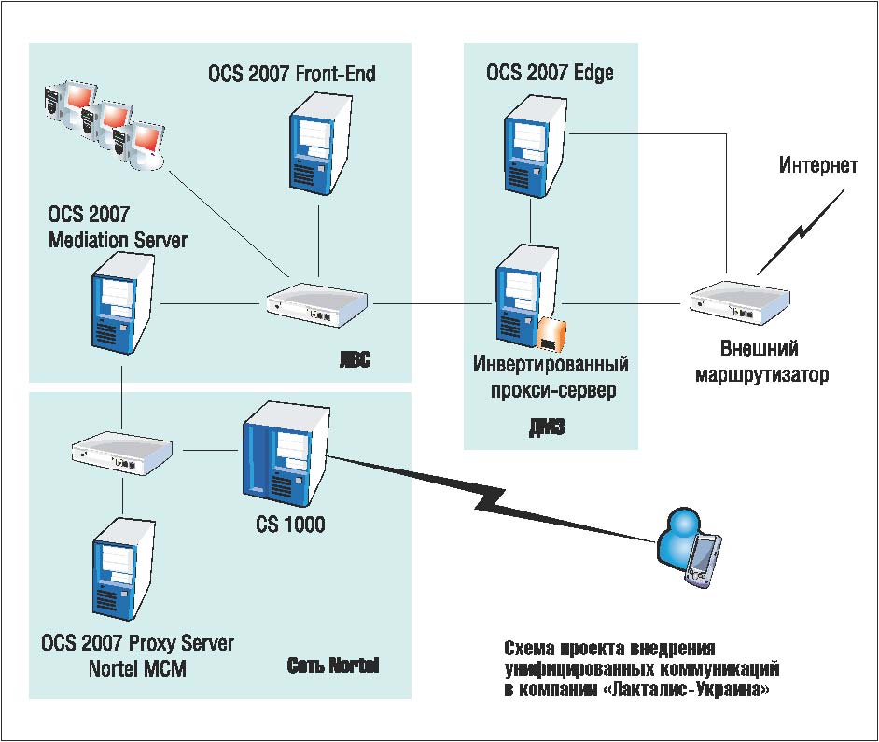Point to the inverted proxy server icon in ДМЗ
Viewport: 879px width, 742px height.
click(x=523, y=294)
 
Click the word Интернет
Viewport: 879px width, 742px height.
click(x=818, y=166)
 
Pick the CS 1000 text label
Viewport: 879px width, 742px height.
click(x=290, y=525)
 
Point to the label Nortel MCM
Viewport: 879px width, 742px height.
click(x=137, y=668)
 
